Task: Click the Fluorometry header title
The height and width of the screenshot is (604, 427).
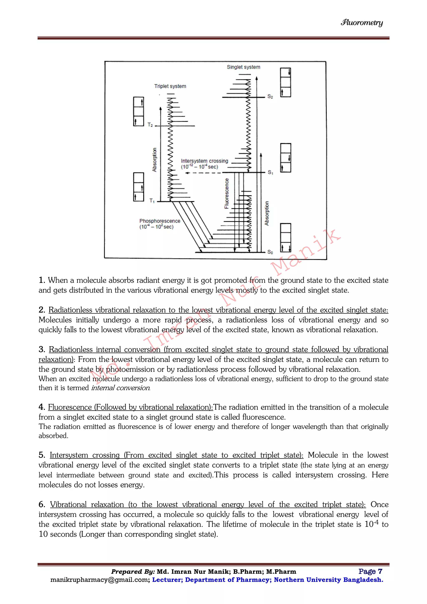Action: pyautogui.click(x=362, y=23)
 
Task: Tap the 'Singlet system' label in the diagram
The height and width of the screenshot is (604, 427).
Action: pyautogui.click(x=244, y=67)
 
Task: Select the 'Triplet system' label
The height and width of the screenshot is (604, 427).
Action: pyautogui.click(x=170, y=86)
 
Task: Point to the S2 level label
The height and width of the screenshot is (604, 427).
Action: pyautogui.click(x=270, y=97)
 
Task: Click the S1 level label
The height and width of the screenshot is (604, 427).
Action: pyautogui.click(x=270, y=172)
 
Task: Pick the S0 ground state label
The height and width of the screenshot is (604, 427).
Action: pyautogui.click(x=270, y=252)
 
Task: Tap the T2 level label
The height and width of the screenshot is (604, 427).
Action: pyautogui.click(x=150, y=125)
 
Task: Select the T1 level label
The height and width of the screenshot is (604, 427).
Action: pyautogui.click(x=152, y=201)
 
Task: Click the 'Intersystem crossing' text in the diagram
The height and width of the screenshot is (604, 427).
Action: pyautogui.click(x=204, y=161)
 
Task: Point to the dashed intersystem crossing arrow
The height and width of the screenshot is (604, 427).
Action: pyautogui.click(x=204, y=173)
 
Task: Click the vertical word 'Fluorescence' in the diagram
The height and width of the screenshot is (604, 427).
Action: pyautogui.click(x=227, y=193)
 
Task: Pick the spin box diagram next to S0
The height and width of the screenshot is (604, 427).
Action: pyautogui.click(x=286, y=238)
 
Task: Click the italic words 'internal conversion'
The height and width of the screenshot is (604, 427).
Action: pyautogui.click(x=121, y=388)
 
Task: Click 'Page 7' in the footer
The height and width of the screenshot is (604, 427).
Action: pyautogui.click(x=370, y=571)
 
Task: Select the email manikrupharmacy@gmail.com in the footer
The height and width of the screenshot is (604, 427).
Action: pyautogui.click(x=100, y=580)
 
